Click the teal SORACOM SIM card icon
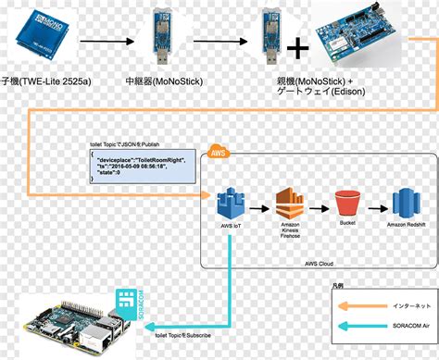coord(127,303)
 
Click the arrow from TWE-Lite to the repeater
coord(103,42)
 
